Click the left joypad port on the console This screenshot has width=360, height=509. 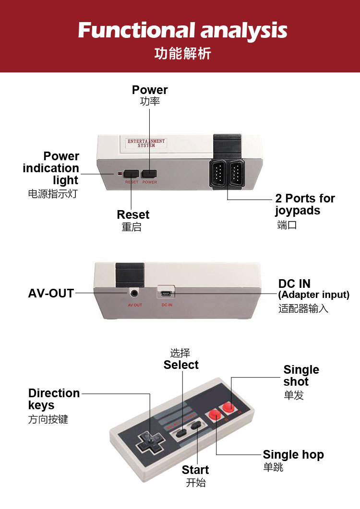pos(218,174)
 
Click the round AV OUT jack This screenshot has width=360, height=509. pos(135,293)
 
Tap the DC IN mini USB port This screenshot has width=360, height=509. pos(166,292)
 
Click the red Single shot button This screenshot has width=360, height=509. pos(228,407)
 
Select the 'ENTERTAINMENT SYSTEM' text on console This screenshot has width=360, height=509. pos(146,143)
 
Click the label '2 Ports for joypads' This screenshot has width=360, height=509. pos(304,204)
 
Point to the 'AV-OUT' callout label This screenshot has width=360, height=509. pos(51,293)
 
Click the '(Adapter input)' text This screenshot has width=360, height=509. pos(313,295)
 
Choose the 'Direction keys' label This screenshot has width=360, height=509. pos(54,399)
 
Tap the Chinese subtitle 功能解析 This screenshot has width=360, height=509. pos(182,53)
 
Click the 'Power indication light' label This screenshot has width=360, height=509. pos(51,168)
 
